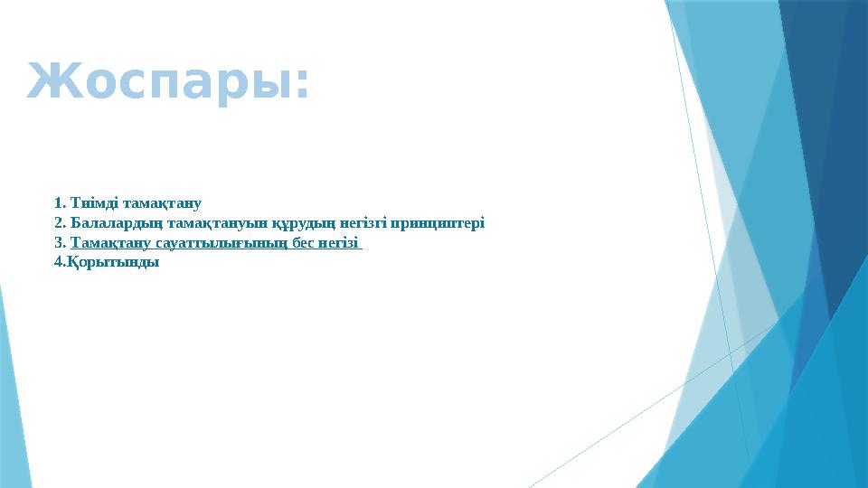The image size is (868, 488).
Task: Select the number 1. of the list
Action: (60, 202)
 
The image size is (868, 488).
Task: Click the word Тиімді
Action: (91, 202)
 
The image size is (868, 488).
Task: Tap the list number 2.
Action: (60, 222)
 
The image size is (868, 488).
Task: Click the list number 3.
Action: (60, 243)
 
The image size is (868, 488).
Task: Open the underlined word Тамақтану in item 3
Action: (109, 243)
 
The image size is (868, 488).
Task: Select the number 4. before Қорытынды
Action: (60, 263)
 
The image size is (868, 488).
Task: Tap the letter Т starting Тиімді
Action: (74, 202)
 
